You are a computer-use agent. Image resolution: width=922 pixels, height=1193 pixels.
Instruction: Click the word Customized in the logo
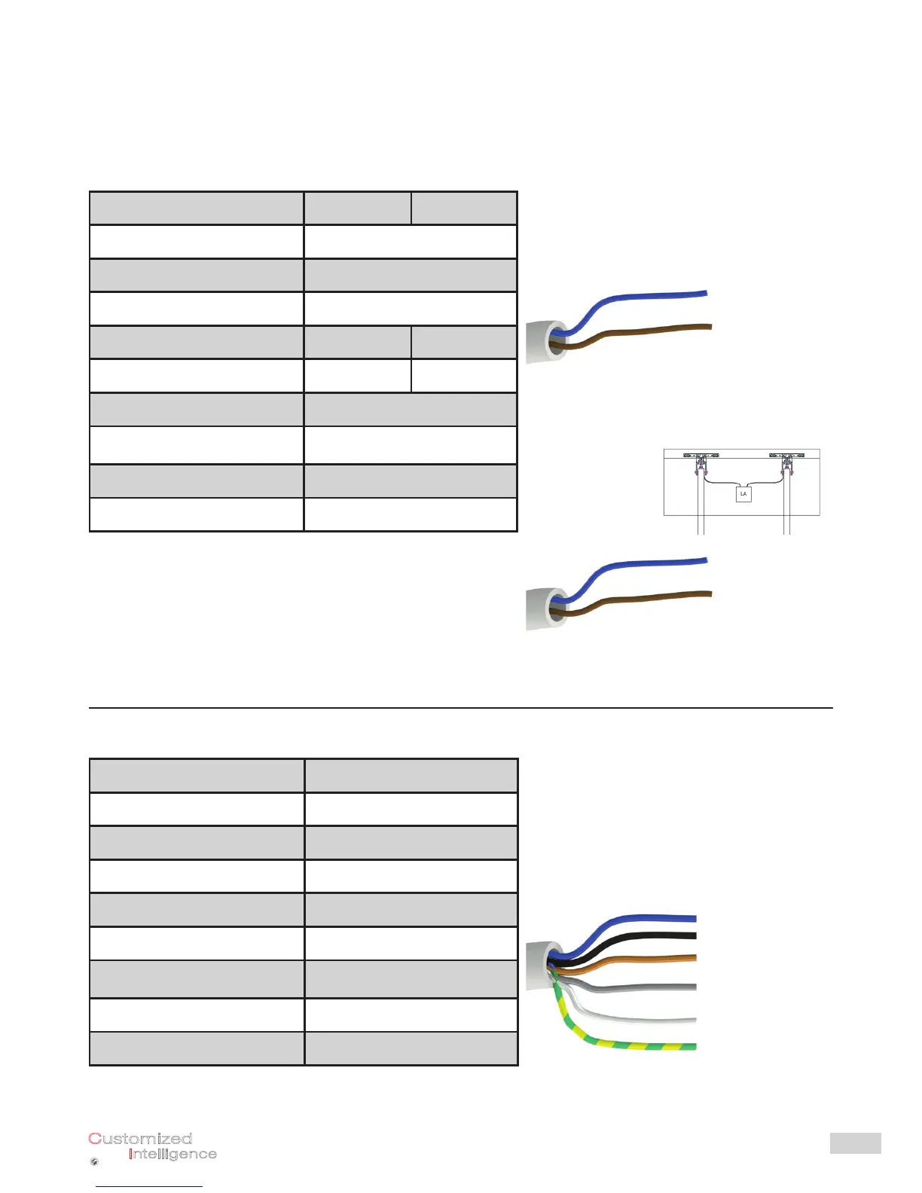pyautogui.click(x=140, y=1139)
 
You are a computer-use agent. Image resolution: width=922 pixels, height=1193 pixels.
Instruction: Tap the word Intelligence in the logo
pyautogui.click(x=172, y=1154)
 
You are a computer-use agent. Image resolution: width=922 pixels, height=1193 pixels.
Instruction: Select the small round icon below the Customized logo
pyautogui.click(x=94, y=1162)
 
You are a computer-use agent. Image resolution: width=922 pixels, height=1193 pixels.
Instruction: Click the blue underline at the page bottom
pyautogui.click(x=149, y=1186)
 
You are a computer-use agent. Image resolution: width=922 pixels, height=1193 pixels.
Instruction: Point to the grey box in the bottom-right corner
pyautogui.click(x=855, y=1143)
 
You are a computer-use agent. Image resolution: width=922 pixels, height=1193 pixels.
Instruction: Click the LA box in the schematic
pyautogui.click(x=743, y=494)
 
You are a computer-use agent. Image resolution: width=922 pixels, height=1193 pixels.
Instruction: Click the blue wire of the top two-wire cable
pyautogui.click(x=648, y=297)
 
